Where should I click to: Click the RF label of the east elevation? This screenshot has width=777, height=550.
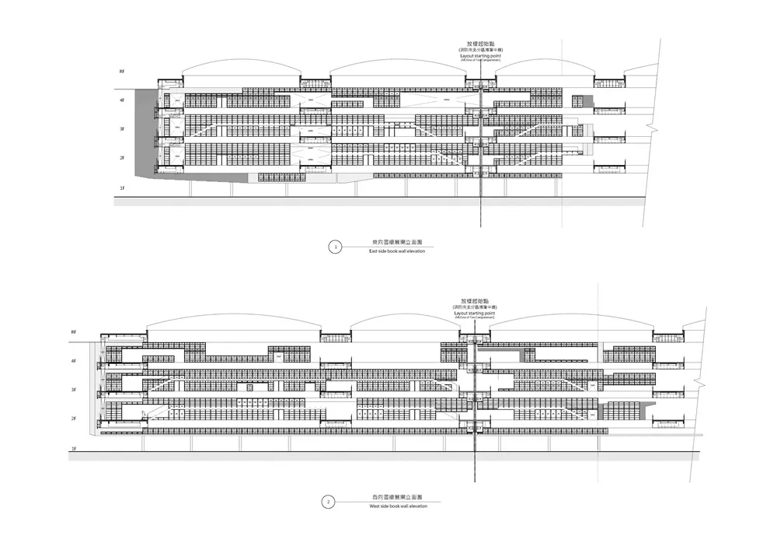[x=121, y=72]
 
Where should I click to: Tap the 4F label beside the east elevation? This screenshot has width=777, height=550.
[x=121, y=100]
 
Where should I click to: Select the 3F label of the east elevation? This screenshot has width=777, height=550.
[x=121, y=129]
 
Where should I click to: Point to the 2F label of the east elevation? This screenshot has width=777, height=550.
[x=121, y=158]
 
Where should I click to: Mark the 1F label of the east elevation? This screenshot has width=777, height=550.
[x=121, y=187]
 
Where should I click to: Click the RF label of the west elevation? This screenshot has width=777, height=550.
[x=74, y=332]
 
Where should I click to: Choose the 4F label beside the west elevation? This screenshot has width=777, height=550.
[x=74, y=361]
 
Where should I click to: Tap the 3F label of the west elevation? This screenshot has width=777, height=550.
[x=74, y=390]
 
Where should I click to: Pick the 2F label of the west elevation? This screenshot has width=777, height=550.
[x=74, y=419]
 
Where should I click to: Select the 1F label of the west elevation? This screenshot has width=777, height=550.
[x=74, y=449]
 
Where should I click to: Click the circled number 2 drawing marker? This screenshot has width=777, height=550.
[x=329, y=502]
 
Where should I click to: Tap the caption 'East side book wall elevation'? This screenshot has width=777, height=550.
[x=397, y=252]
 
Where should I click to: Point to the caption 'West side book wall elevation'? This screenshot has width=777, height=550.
[x=398, y=506]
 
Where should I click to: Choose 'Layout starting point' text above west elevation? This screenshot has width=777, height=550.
[x=476, y=314]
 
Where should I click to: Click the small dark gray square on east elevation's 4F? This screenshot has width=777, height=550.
[x=588, y=101]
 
